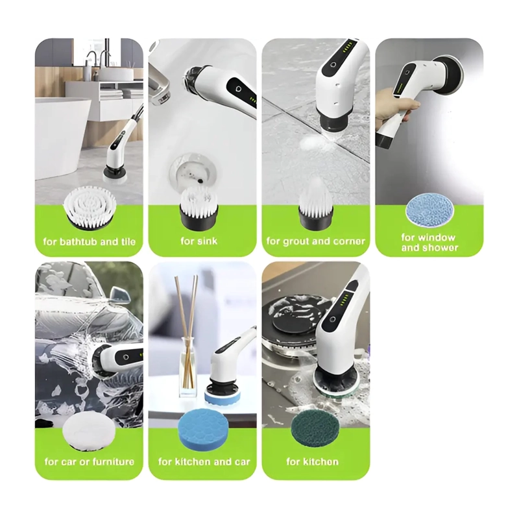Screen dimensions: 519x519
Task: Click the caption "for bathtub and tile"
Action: click(x=90, y=241)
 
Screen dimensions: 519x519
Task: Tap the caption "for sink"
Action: click(x=199, y=241)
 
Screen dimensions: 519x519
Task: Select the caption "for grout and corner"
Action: click(x=316, y=241)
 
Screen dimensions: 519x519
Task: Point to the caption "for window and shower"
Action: click(x=429, y=242)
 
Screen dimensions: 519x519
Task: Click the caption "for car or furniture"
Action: click(x=90, y=461)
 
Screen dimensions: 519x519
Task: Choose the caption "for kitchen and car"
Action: click(x=204, y=461)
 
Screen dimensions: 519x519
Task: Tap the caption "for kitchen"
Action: click(x=313, y=461)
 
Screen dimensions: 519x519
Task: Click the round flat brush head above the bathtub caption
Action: click(x=90, y=208)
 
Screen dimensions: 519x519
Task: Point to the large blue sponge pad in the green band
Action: click(x=202, y=433)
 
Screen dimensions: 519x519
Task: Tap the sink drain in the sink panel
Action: click(x=194, y=170)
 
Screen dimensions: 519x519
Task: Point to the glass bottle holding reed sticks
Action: click(x=188, y=378)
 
